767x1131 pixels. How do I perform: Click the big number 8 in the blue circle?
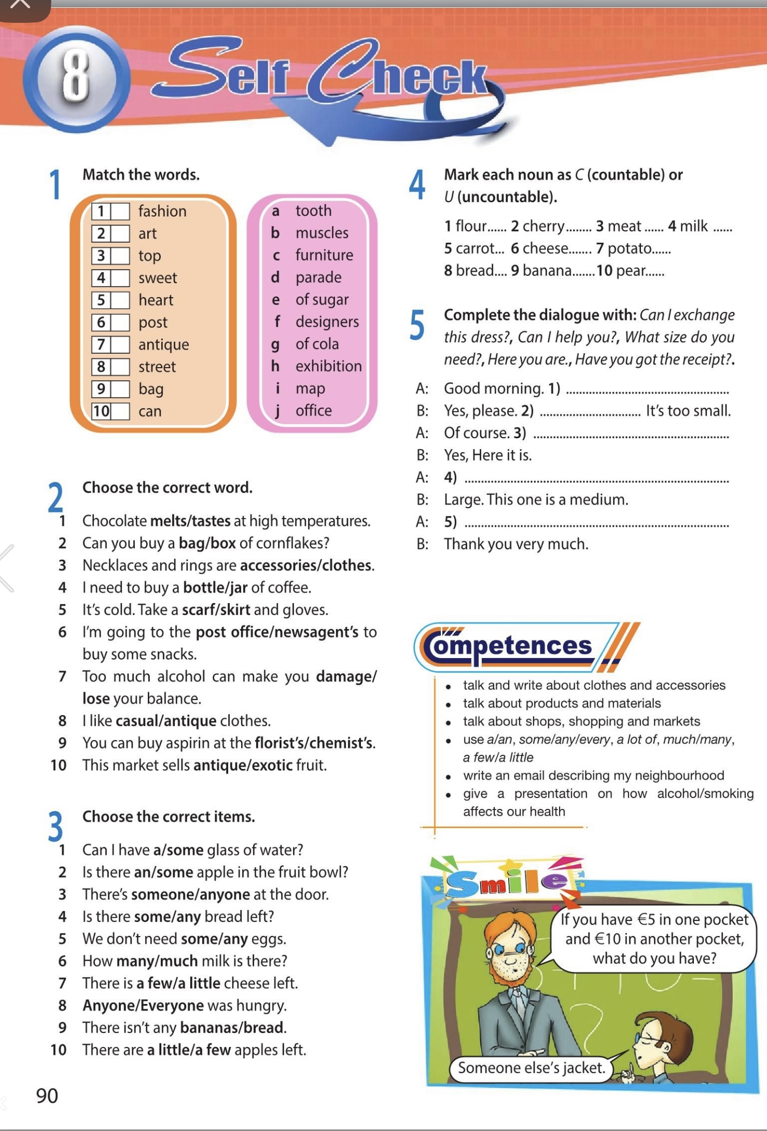[76, 78]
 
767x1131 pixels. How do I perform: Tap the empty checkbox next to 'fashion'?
[120, 211]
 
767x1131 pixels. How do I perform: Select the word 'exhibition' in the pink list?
[328, 366]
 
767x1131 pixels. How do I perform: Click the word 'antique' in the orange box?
[163, 344]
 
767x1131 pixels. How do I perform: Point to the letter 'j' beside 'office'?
[277, 411]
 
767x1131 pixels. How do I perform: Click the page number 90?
[47, 1095]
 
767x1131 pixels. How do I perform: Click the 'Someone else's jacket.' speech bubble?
[532, 1068]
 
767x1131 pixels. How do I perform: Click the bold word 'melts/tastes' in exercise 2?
[190, 521]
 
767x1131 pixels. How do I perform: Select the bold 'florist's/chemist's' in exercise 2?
[314, 743]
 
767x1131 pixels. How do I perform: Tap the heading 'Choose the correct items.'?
[169, 817]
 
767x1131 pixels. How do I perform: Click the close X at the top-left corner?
[21, 5]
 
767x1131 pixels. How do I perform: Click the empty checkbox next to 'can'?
[120, 411]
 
